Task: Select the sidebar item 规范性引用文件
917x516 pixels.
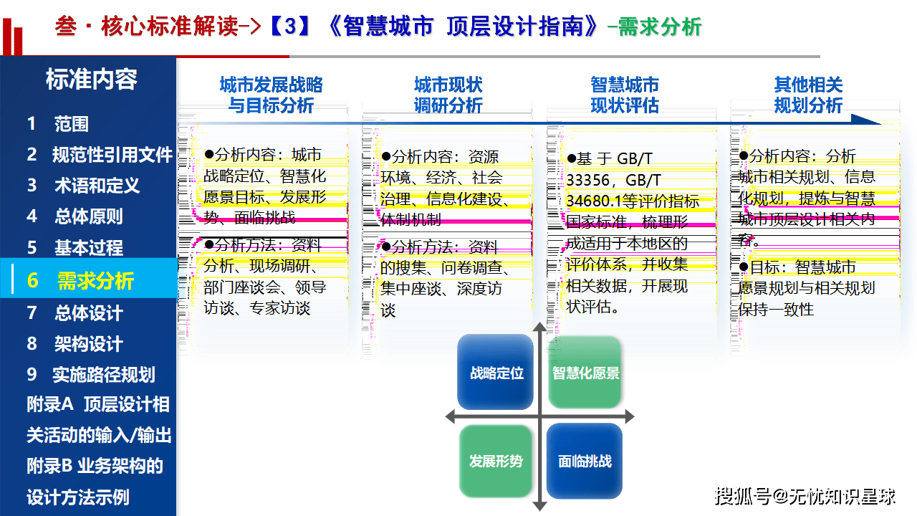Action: [x=100, y=155]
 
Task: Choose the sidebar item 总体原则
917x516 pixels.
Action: [x=75, y=216]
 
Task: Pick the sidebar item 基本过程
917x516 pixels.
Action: [x=75, y=248]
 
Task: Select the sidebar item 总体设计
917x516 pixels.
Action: [x=75, y=313]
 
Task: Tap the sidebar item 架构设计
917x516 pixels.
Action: [x=75, y=344]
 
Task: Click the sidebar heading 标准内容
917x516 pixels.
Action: [x=91, y=80]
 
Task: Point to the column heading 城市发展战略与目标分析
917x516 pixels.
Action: [x=271, y=95]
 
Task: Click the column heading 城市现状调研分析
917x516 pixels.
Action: [x=448, y=95]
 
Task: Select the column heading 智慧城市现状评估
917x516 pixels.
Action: [x=625, y=95]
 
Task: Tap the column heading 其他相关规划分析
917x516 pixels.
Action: [x=808, y=95]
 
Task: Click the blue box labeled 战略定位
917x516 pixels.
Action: [x=496, y=373]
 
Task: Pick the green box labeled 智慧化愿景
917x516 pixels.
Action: [x=585, y=373]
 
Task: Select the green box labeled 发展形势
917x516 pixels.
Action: [x=496, y=462]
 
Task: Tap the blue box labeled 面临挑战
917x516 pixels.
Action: [x=585, y=462]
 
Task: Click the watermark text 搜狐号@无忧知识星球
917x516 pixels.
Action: [x=806, y=495]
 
